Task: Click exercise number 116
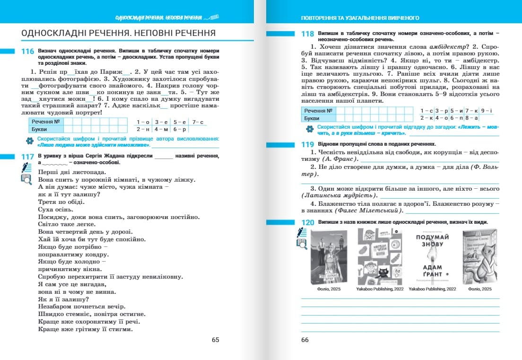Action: [27, 52]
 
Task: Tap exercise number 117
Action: [27, 157]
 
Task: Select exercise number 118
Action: [307, 34]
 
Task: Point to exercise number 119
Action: [307, 144]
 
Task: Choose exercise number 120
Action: [307, 223]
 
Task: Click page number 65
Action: [215, 340]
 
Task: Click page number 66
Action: [304, 340]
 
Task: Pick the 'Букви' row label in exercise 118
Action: [312, 118]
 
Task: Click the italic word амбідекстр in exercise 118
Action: [446, 47]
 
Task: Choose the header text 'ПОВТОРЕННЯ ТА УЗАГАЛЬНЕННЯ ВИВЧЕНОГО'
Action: [360, 18]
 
